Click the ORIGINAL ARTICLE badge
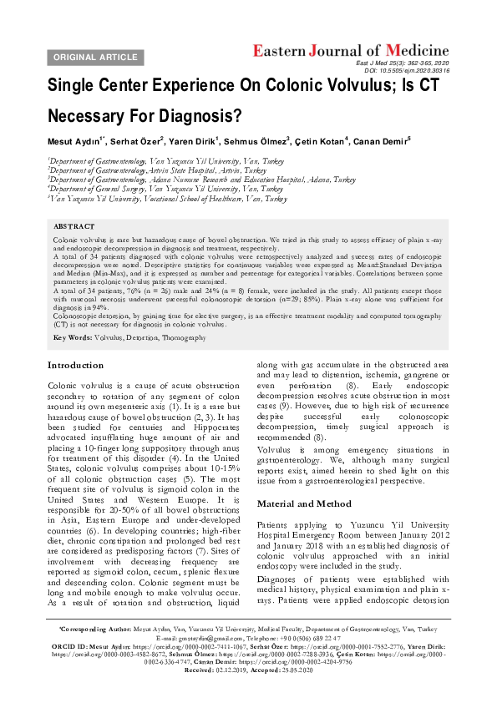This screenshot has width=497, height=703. tap(95, 57)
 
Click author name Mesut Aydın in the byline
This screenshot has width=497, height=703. tap(74, 140)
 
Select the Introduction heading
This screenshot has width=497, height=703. tap(76, 365)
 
